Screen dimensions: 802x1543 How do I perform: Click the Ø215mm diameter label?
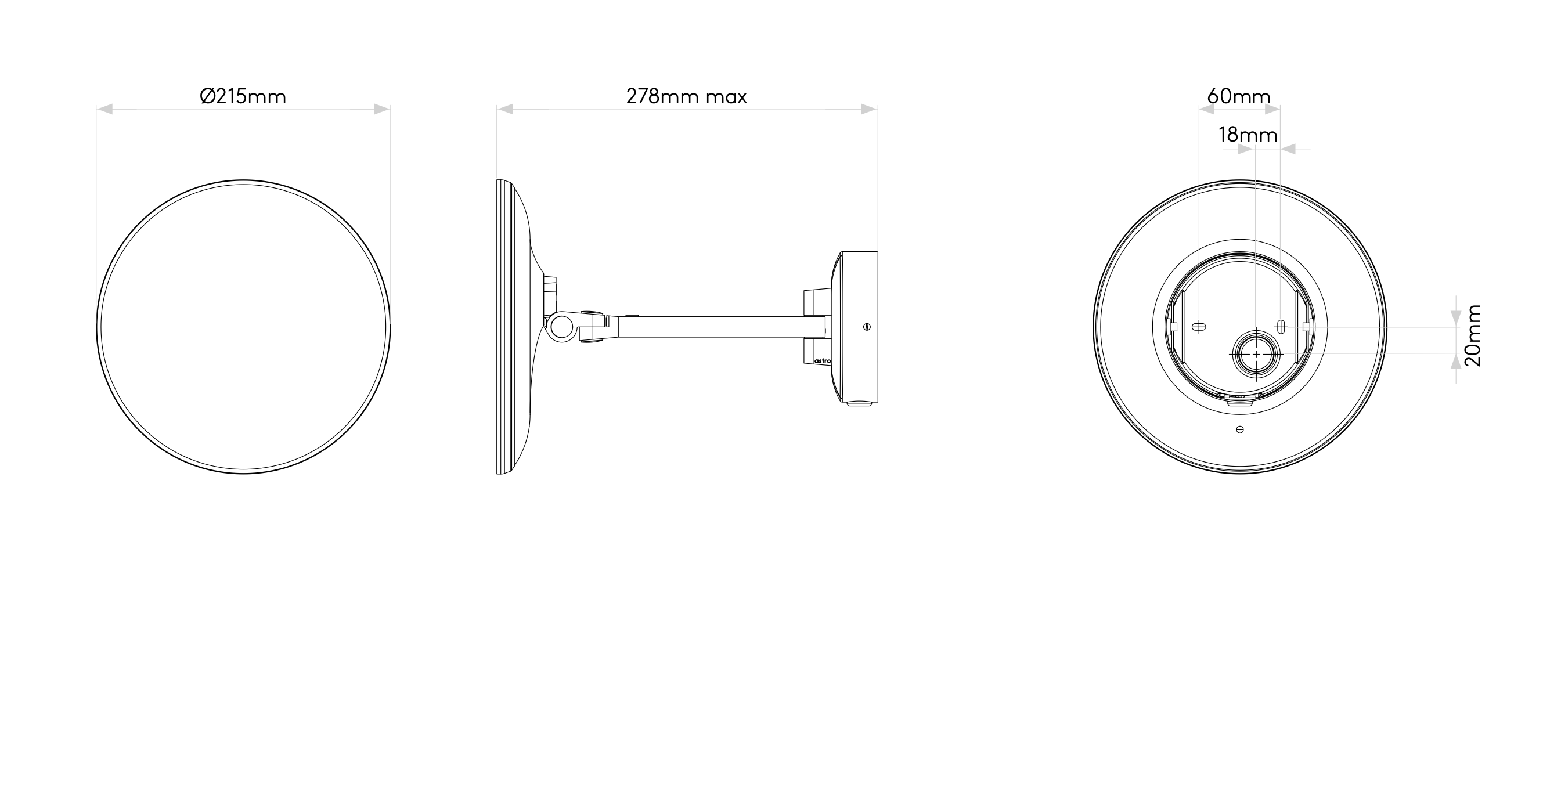point(243,96)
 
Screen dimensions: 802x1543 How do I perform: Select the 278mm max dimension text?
point(686,96)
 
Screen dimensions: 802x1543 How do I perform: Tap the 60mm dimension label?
point(1239,96)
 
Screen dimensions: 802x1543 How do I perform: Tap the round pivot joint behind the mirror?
point(562,327)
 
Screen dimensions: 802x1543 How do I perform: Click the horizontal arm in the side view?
point(719,327)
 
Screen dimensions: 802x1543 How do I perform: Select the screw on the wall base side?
point(867,327)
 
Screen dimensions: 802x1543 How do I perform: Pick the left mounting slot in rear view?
point(1199,327)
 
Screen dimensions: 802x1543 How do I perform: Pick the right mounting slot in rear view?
point(1281,327)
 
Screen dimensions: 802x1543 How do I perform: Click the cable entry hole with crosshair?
point(1256,354)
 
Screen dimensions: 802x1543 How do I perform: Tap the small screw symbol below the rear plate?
point(1240,429)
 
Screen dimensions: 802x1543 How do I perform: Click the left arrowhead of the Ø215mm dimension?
point(104,109)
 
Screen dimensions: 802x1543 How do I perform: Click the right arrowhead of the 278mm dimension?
point(870,109)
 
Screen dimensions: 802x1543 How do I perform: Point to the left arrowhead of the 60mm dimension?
point(1206,110)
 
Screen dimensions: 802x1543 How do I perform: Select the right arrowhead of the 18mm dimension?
point(1287,149)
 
